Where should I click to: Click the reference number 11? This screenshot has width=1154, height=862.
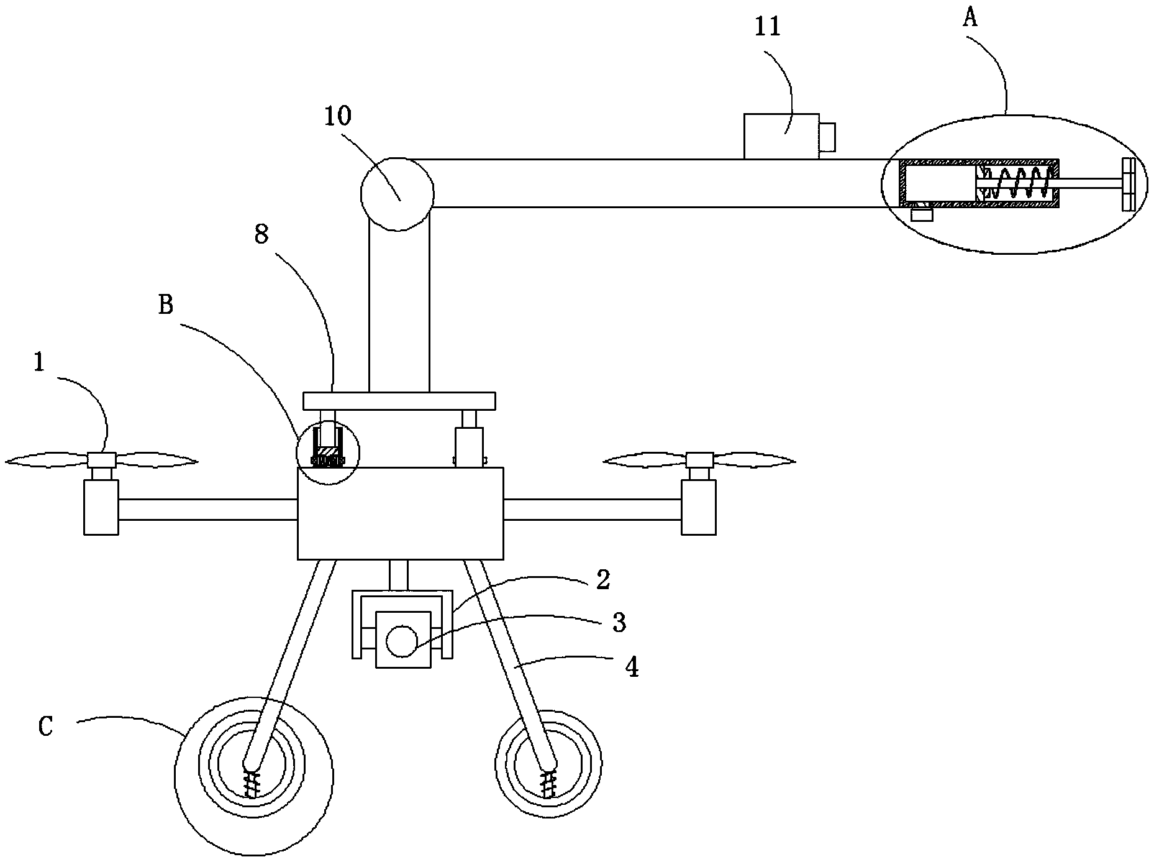pos(767,28)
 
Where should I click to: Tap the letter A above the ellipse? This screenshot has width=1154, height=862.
pos(970,18)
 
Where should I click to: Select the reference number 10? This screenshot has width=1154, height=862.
pos(338,116)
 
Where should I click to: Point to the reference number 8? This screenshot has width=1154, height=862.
pos(261,236)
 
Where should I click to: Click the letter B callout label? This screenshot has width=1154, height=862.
pos(166,305)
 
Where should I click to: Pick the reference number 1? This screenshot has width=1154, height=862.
pos(39,363)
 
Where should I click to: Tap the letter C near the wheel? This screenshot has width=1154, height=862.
pos(46,726)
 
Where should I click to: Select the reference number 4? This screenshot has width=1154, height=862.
pos(631,667)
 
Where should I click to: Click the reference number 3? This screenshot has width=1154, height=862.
pos(619,622)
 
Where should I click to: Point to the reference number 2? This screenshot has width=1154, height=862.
pos(603,579)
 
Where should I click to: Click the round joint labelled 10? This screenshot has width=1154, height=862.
pos(397,194)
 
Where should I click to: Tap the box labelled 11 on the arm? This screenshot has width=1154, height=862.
pos(781,135)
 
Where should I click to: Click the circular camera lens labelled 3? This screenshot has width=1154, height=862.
pos(402,641)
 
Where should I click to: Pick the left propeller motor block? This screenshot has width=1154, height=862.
pos(101,507)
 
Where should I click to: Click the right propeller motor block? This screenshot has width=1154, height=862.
pos(699,507)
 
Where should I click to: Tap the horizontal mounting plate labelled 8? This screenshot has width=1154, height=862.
pos(399,401)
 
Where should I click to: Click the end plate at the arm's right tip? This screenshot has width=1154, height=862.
pos(1128,184)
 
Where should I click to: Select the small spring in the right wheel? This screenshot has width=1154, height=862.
pos(548,784)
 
